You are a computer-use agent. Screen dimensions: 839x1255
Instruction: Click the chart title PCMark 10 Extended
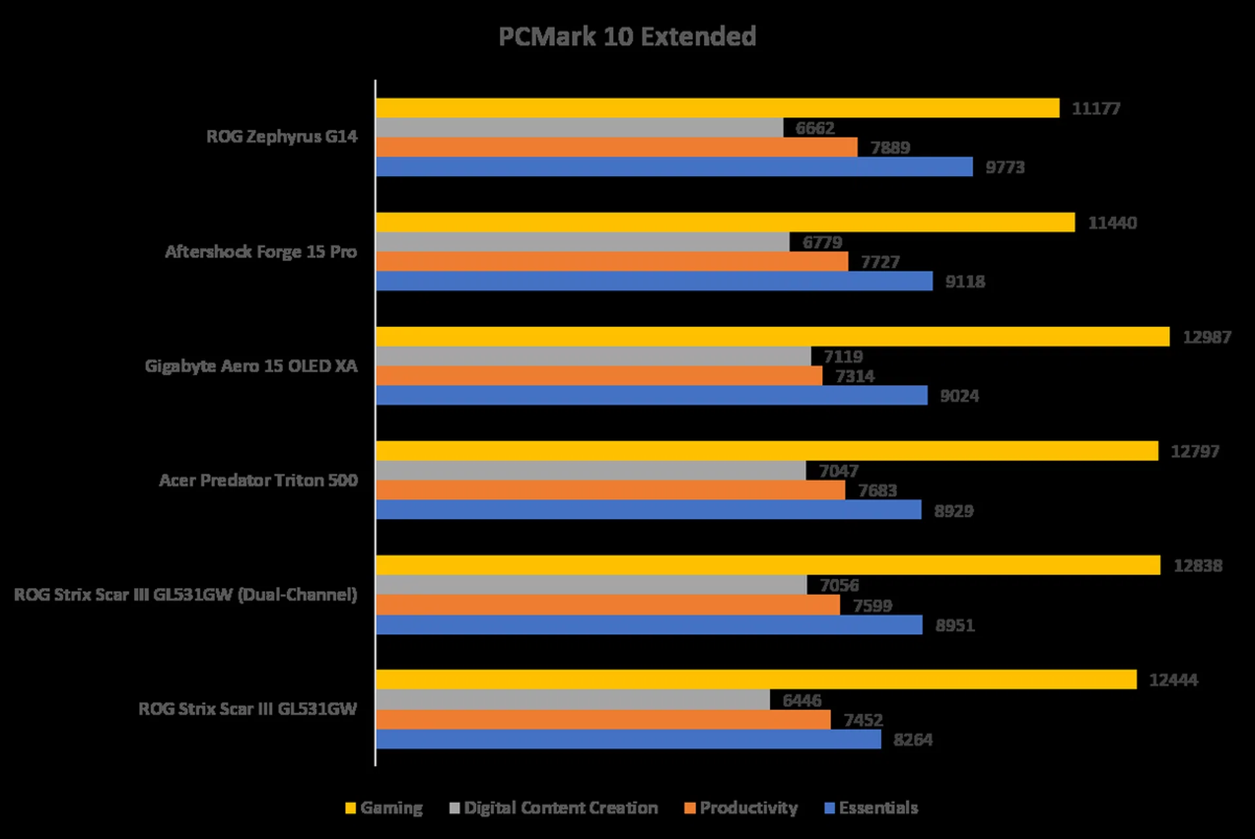click(627, 37)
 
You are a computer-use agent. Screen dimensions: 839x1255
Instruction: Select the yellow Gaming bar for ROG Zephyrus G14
click(717, 108)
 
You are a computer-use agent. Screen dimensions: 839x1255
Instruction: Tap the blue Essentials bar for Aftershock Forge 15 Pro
click(654, 281)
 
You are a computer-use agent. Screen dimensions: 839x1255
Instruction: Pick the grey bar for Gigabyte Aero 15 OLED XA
click(593, 356)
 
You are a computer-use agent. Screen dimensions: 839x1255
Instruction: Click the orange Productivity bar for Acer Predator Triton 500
click(610, 490)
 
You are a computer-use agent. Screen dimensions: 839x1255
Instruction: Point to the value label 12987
click(1207, 337)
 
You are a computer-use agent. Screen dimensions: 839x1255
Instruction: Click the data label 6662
click(814, 128)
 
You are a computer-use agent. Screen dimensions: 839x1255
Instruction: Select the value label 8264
click(912, 740)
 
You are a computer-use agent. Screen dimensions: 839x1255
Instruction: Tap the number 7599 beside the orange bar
click(872, 606)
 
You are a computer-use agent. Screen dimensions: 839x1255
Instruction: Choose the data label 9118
click(965, 282)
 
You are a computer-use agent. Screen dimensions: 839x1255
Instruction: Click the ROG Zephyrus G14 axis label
click(282, 137)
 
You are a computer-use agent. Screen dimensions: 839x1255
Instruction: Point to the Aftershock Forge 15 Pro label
click(261, 252)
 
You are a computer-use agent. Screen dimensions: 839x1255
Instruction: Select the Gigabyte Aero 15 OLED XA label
click(251, 366)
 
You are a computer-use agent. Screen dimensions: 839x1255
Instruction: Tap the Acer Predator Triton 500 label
click(258, 481)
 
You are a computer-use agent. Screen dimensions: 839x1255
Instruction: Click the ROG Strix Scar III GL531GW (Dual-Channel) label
click(186, 595)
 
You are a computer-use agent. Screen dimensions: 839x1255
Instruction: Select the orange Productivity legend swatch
click(690, 808)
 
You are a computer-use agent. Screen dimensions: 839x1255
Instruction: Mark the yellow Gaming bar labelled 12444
click(756, 680)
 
